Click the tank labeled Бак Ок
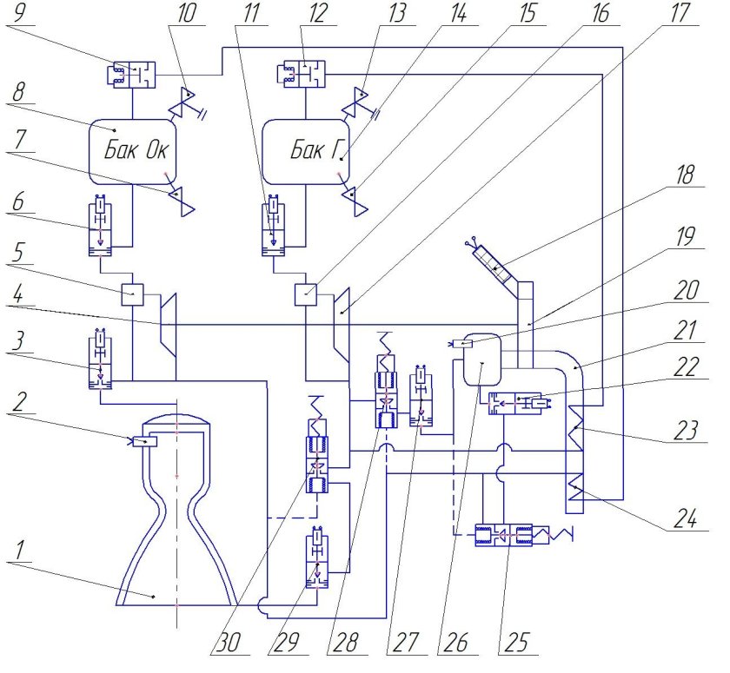[133, 152]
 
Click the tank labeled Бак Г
[306, 152]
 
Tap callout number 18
[685, 174]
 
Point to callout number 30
[228, 642]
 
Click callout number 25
[517, 642]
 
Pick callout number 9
[18, 12]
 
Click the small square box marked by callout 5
[133, 294]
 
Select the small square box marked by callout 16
[306, 294]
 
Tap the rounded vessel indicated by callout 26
[483, 359]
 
